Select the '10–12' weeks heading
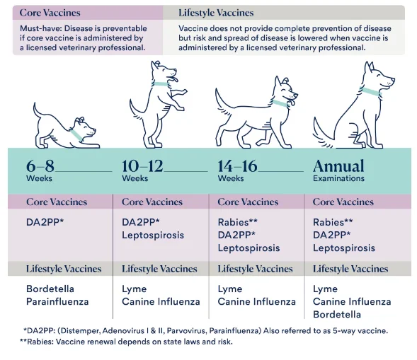click(142, 166)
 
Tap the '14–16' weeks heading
click(238, 166)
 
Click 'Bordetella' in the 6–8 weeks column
click(50, 289)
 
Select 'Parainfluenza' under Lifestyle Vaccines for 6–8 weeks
click(57, 301)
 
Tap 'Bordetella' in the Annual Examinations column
click(337, 314)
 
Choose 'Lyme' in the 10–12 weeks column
click(135, 289)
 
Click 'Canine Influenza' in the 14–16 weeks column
click(256, 301)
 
